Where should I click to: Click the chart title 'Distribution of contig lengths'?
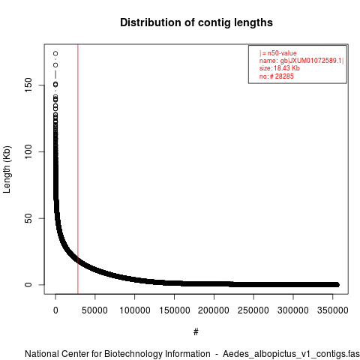[x=196, y=22]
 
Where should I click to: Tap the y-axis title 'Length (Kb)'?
[x=7, y=169]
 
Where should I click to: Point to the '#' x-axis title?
[x=196, y=332]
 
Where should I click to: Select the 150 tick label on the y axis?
[x=28, y=85]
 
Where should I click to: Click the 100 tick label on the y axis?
[x=28, y=151]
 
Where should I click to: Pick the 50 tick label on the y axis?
[x=28, y=218]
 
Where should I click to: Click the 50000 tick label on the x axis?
[x=94, y=310]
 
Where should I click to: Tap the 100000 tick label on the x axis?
[x=135, y=310]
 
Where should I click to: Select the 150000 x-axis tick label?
[x=175, y=310]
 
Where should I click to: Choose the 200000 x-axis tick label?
[x=214, y=310]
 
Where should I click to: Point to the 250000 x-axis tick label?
[x=253, y=310]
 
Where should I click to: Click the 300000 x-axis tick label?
[x=293, y=310]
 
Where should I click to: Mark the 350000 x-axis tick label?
[x=333, y=310]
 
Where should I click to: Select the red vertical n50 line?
[x=78, y=169]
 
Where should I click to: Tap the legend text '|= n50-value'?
[x=278, y=53]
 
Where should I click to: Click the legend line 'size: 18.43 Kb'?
[x=279, y=68]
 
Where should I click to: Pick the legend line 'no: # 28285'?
[x=276, y=76]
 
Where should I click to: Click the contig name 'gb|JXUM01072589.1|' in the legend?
[x=312, y=61]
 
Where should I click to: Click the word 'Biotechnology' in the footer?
[x=131, y=354]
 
